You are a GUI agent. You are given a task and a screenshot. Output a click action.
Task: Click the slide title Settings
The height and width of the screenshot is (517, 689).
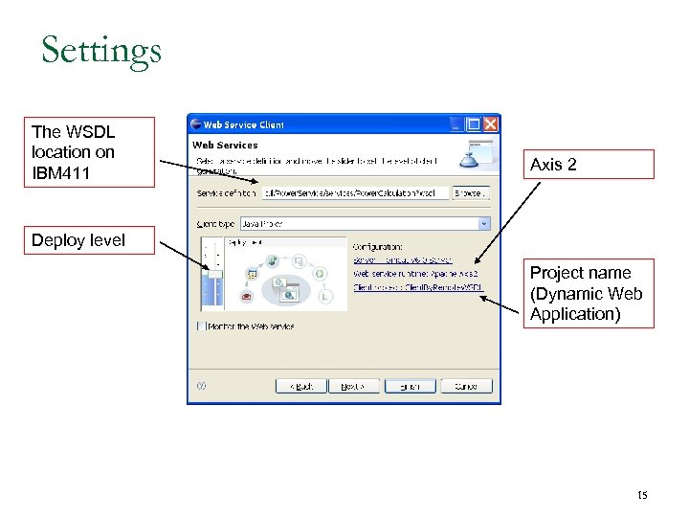pos(101,50)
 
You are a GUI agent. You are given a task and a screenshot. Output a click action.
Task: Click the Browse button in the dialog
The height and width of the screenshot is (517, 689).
pos(470,193)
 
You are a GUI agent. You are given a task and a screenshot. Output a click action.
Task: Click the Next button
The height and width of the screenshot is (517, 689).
pos(354,387)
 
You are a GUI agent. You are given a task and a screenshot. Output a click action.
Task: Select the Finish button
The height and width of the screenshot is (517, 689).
pos(410,387)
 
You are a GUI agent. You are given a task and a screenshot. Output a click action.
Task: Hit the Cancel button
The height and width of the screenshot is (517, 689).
pos(466,387)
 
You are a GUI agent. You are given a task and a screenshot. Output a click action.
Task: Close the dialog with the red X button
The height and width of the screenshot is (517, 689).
pos(491,124)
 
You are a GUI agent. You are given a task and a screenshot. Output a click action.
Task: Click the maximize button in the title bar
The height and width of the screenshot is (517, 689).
pos(473,124)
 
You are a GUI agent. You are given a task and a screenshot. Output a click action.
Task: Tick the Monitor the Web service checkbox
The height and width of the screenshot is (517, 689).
pos(201,326)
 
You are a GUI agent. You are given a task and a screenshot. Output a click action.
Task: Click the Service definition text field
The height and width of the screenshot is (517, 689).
pos(354,193)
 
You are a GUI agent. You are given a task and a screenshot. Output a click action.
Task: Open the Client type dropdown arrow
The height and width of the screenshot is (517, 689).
pos(484,224)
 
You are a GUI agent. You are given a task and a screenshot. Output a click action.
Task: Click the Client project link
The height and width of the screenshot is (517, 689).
pos(418,286)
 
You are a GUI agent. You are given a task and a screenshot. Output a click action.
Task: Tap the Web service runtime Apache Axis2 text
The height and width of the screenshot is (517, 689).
pos(415,273)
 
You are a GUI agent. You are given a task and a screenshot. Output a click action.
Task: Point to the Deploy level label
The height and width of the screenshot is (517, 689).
pos(78,240)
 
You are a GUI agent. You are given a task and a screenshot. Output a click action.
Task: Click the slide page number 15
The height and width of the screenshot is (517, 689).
pos(642,495)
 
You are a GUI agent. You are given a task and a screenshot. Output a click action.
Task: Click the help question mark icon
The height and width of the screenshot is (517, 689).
pos(201,387)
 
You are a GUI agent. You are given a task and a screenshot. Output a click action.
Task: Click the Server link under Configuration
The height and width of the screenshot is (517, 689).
pos(402,259)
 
